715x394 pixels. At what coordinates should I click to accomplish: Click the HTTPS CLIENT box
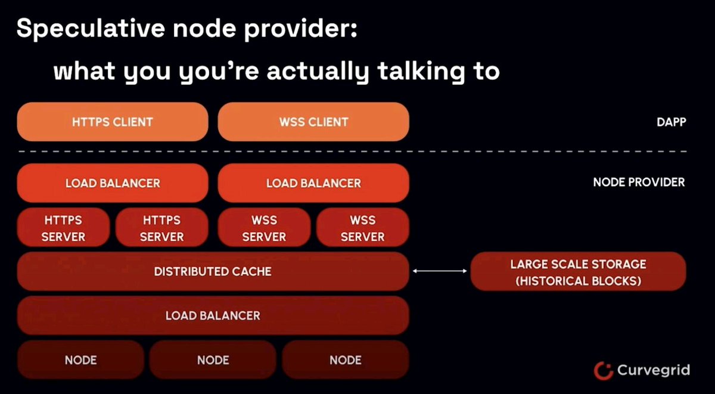[x=113, y=122]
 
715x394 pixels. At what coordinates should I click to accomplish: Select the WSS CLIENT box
[x=313, y=122]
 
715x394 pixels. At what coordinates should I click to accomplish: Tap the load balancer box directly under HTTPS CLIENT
[x=113, y=183]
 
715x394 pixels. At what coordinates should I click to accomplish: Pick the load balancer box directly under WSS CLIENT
[x=313, y=183]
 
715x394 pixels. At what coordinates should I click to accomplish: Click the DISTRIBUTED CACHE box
[x=213, y=272]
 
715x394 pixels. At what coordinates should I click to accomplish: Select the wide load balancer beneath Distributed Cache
[x=213, y=315]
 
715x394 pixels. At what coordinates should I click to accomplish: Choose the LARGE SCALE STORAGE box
[x=578, y=272]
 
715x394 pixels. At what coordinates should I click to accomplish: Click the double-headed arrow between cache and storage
[x=440, y=272]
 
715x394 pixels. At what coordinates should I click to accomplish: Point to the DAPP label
[x=670, y=122]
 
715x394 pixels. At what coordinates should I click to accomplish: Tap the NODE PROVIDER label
[x=639, y=182]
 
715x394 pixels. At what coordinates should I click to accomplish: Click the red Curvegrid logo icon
[x=603, y=370]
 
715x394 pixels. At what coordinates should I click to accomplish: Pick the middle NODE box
[x=213, y=360]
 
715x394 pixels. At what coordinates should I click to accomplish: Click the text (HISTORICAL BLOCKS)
[x=578, y=281]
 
